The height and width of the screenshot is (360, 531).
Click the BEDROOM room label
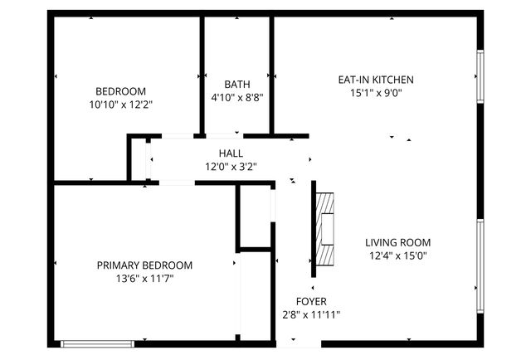(x=120, y=91)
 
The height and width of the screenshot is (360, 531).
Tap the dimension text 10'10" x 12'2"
(x=120, y=105)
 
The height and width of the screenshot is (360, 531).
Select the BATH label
(x=236, y=85)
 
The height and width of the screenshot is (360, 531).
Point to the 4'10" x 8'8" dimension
(x=236, y=98)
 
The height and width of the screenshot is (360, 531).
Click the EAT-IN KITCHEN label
(x=375, y=80)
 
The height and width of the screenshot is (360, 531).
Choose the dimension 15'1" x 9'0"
(x=375, y=93)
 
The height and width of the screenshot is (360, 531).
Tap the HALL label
(x=231, y=153)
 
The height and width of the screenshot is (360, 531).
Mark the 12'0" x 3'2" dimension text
(x=231, y=167)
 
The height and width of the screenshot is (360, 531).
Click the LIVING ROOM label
(x=398, y=242)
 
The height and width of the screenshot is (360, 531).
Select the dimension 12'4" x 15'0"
(x=398, y=255)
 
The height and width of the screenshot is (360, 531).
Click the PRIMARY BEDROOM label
(x=144, y=265)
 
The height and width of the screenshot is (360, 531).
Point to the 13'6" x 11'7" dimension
(x=144, y=279)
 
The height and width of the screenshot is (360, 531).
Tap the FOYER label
(x=311, y=301)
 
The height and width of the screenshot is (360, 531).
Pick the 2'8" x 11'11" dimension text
(x=311, y=314)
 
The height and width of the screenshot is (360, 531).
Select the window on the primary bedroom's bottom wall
(x=97, y=343)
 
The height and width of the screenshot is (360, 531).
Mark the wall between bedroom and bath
(x=202, y=75)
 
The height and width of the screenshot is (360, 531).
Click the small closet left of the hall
(x=138, y=160)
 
